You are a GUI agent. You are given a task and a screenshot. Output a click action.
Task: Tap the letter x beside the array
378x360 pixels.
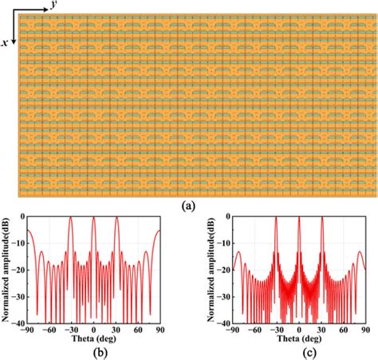point(6,44)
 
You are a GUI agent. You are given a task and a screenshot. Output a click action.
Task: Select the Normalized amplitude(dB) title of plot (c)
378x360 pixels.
point(209,271)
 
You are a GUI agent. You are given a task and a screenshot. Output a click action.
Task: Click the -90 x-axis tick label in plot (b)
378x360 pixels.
point(26,330)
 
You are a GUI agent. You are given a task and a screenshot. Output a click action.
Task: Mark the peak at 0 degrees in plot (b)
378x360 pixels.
point(93,219)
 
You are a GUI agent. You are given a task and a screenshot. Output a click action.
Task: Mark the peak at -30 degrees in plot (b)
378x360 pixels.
point(70,219)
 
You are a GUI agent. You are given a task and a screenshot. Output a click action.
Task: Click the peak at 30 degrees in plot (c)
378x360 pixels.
point(322,219)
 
